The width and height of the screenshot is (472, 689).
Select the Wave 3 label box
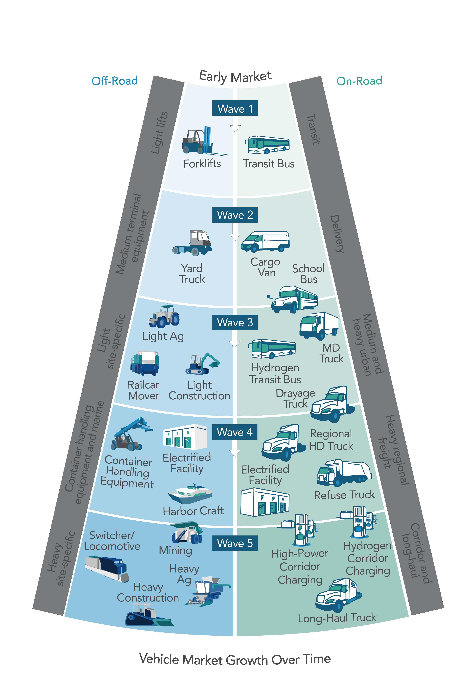[x=235, y=322]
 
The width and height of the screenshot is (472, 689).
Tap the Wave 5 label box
[x=235, y=543]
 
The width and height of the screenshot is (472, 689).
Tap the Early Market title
[x=235, y=76]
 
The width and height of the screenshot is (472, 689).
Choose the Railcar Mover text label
[x=143, y=390]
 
